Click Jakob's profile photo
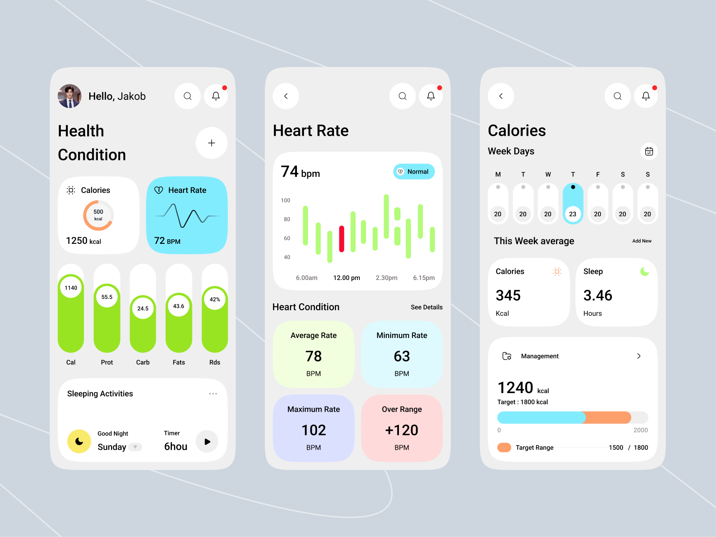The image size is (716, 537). (70, 96)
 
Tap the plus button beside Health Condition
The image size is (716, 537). (211, 143)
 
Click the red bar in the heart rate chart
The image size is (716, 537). (341, 238)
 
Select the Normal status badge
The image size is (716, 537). (414, 171)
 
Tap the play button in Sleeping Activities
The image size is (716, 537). (207, 442)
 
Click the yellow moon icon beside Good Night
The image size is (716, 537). (79, 441)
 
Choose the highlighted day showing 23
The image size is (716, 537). (572, 204)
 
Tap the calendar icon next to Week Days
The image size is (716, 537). (649, 151)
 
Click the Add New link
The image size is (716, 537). (642, 241)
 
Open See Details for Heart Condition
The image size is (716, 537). (426, 307)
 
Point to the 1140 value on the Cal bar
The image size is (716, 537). (71, 288)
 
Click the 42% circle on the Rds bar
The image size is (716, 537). (215, 299)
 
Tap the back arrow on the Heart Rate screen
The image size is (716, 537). (286, 96)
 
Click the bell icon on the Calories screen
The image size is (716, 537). (646, 96)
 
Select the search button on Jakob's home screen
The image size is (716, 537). (188, 96)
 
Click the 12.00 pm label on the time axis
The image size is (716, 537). (346, 278)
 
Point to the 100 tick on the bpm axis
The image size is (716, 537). (285, 200)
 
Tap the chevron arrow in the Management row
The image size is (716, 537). (639, 356)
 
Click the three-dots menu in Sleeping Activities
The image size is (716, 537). (213, 394)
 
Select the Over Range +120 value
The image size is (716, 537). (401, 430)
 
